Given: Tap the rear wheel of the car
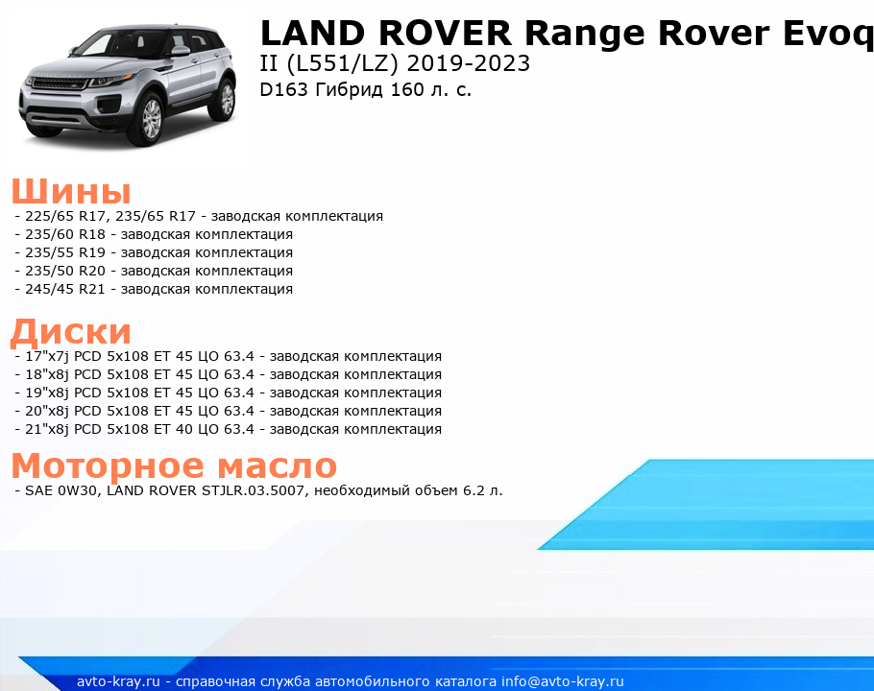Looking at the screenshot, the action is click(225, 99).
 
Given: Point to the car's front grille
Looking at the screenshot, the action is click(60, 83).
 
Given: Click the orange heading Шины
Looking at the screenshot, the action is click(71, 191).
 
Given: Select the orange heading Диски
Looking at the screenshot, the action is click(71, 331).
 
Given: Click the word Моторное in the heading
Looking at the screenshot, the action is click(108, 465).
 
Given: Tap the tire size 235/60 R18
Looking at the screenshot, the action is click(65, 234).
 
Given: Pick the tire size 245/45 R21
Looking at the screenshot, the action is click(65, 289).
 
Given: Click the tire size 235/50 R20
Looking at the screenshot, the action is click(65, 271).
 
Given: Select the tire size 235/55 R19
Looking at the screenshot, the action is click(65, 252).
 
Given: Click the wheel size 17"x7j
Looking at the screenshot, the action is click(47, 356).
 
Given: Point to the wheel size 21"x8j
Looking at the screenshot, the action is click(47, 429).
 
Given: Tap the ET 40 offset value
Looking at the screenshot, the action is click(173, 429).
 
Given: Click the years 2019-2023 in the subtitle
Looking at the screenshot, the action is click(469, 63).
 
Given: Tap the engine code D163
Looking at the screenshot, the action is click(283, 89).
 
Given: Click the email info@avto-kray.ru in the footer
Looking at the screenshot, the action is click(563, 681).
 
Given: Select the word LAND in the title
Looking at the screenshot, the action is click(313, 33).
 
